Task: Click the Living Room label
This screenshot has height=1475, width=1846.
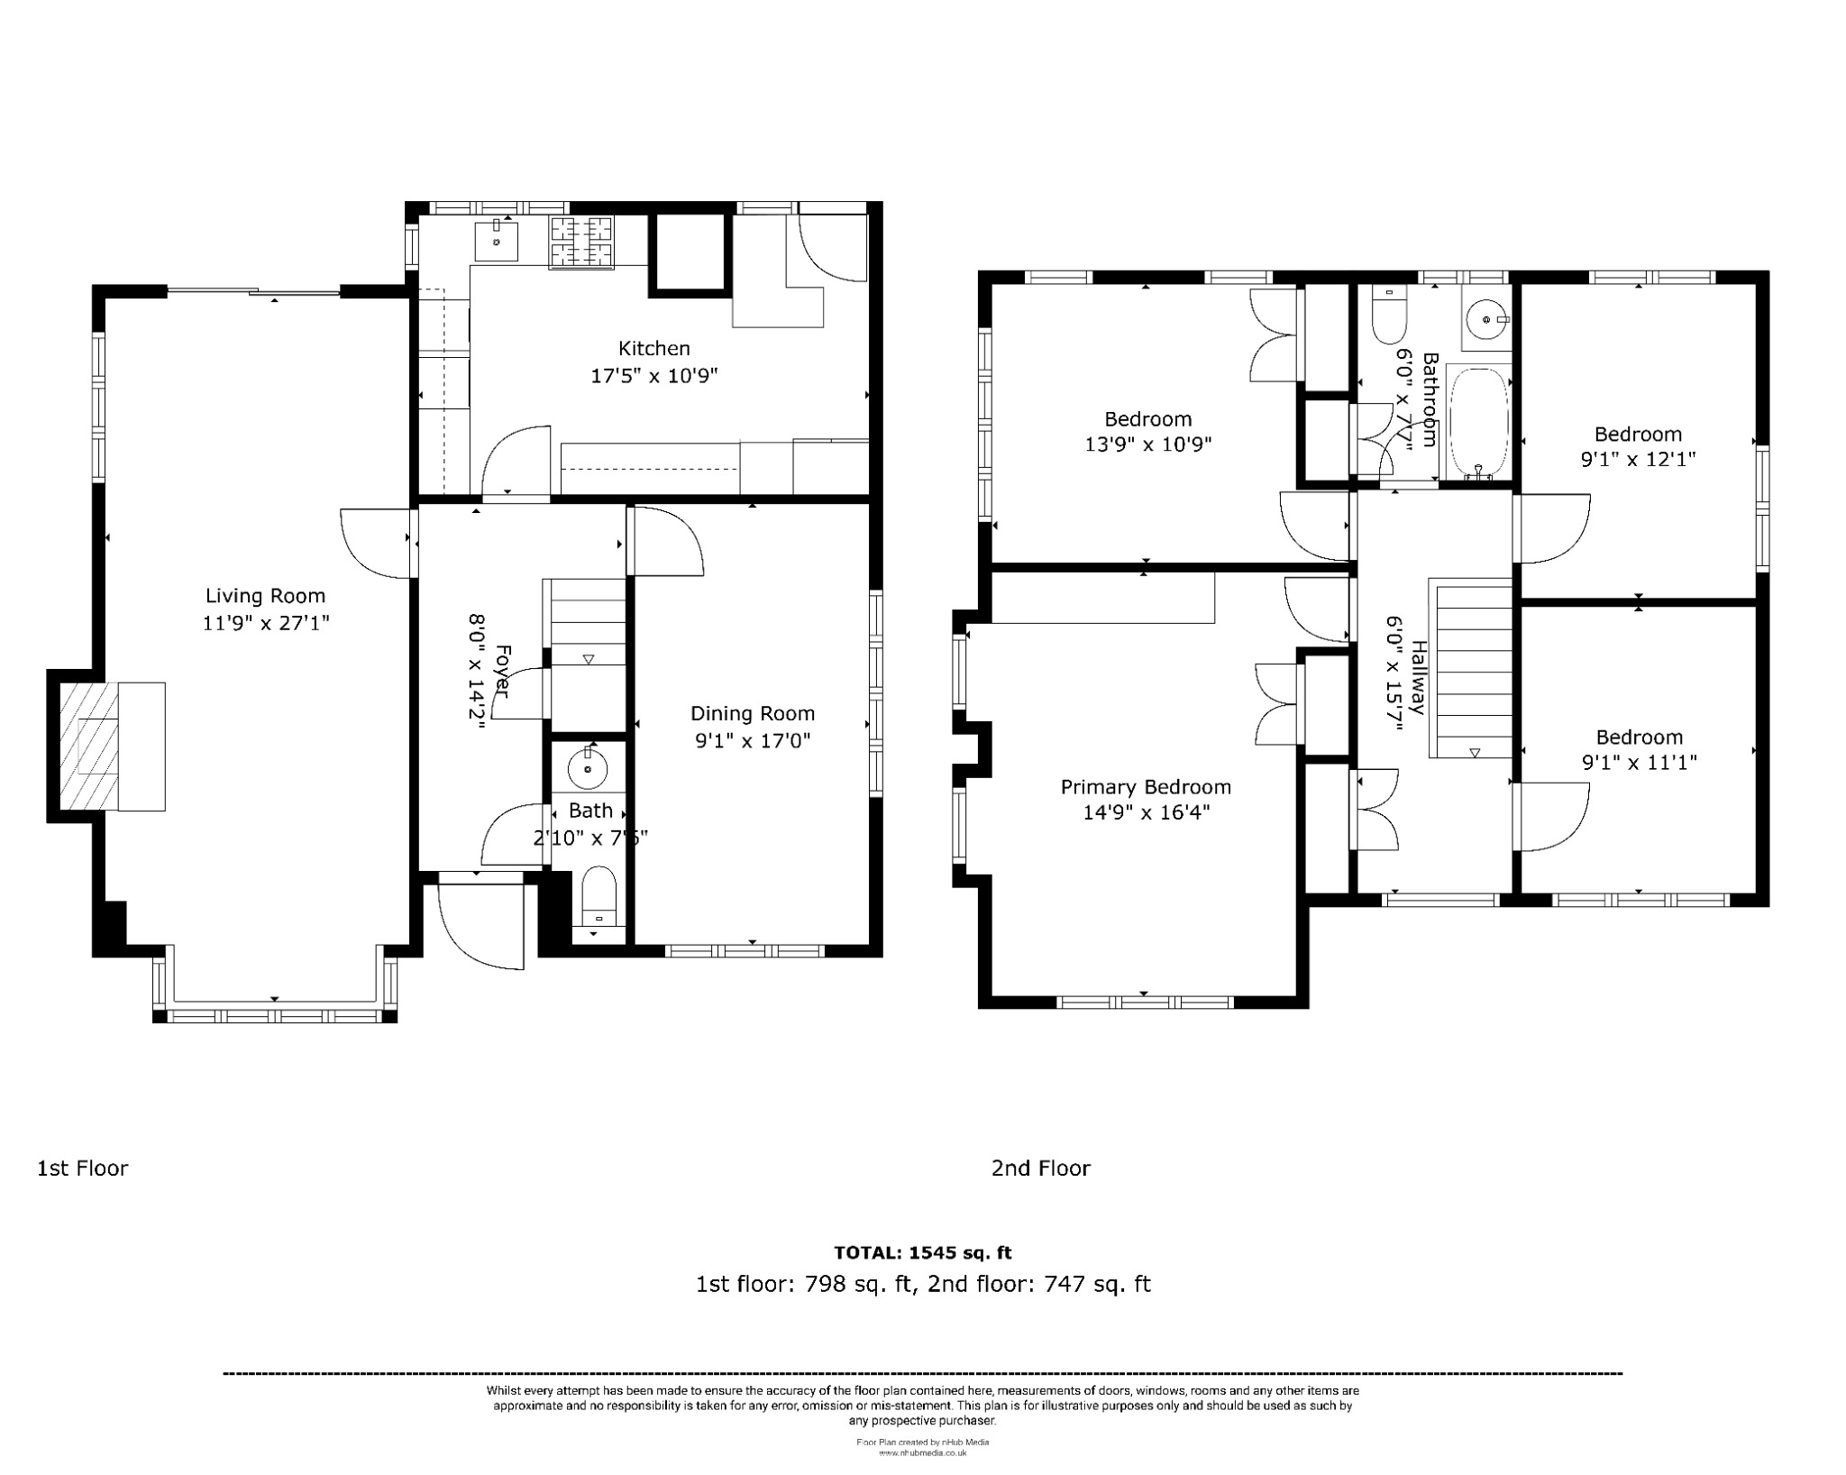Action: click(x=265, y=596)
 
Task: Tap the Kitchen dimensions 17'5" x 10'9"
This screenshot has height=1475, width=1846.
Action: click(x=653, y=375)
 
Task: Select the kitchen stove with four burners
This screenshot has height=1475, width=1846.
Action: click(x=581, y=243)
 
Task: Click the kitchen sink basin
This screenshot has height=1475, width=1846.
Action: click(x=496, y=239)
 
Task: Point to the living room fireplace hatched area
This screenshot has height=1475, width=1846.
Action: click(x=88, y=746)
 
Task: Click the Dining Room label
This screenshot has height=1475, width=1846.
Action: click(x=752, y=714)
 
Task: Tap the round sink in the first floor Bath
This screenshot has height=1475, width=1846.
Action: click(x=588, y=769)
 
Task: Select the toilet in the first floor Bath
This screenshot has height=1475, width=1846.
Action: click(x=599, y=897)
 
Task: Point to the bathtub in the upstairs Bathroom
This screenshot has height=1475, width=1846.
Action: click(x=1478, y=422)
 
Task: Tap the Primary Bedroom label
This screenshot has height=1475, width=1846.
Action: click(x=1145, y=787)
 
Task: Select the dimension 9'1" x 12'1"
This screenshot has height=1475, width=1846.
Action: click(x=1638, y=460)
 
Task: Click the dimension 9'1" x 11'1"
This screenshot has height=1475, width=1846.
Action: click(x=1639, y=763)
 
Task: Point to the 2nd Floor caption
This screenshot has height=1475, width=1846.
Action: click(x=1040, y=1168)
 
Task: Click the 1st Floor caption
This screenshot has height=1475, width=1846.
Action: click(x=82, y=1168)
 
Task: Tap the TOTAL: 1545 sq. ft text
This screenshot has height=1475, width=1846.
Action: click(x=922, y=1252)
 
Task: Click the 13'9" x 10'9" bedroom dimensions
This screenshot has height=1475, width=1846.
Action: click(x=1147, y=444)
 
